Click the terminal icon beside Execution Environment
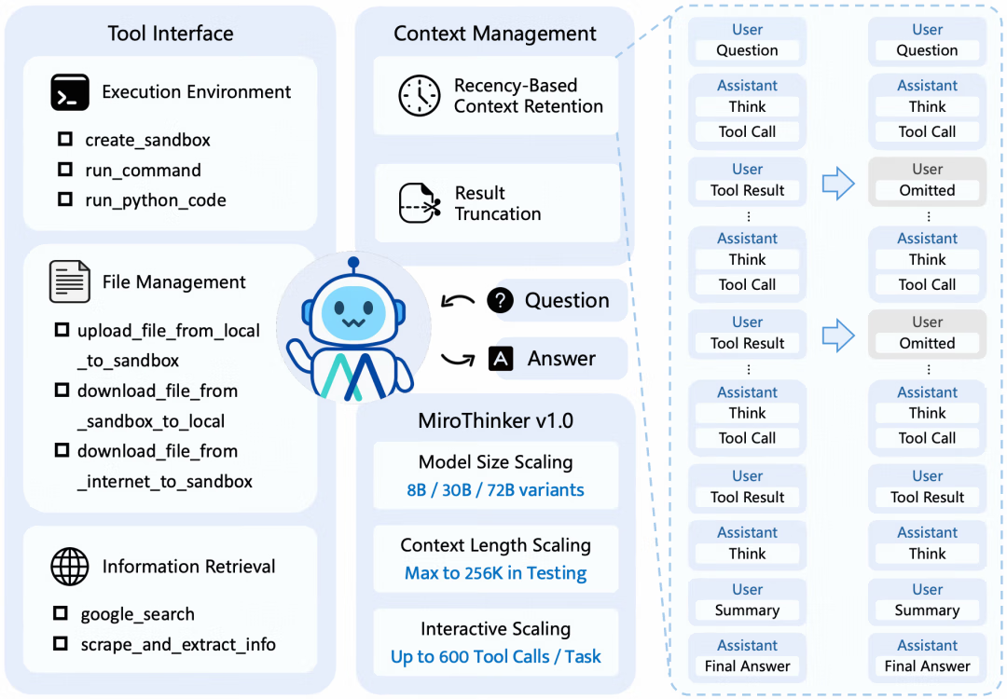point(70,92)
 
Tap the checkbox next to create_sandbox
point(65,139)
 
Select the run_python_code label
point(156,200)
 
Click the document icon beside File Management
point(69,281)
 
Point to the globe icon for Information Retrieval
point(70,566)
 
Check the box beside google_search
point(61,613)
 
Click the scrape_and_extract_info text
point(178,644)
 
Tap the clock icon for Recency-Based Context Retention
point(420,96)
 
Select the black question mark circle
point(501,300)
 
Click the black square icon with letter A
point(501,359)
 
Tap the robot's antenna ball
point(353,262)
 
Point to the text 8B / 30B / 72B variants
point(495,489)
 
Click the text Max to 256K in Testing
point(495,572)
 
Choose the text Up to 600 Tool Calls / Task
point(495,657)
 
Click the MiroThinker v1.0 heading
point(495,420)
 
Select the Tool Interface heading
point(171,34)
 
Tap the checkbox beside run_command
point(65,169)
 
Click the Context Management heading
point(494,34)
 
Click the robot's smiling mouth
point(353,322)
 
